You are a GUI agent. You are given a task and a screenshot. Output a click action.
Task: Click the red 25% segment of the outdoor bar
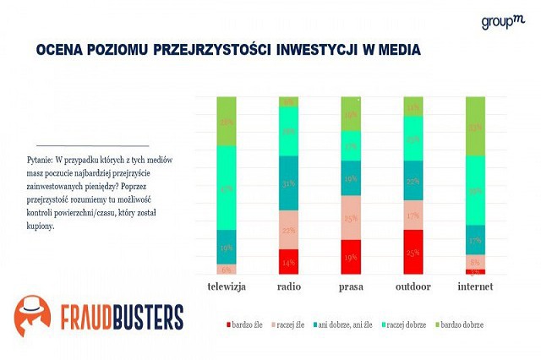[x=413, y=252]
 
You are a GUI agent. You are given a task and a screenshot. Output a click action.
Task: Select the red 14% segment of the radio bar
[x=289, y=261]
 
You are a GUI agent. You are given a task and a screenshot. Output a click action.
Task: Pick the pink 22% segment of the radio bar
[x=289, y=230]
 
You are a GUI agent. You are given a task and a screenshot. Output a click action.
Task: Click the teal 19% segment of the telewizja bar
[x=227, y=247]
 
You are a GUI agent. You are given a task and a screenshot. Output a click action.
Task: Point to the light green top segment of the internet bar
[x=476, y=126]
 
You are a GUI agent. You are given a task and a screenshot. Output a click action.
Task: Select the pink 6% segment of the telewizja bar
[x=227, y=269]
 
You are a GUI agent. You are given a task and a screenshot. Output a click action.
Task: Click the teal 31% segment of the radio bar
[x=289, y=183]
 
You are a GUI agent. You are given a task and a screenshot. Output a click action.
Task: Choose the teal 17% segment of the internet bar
[x=476, y=240]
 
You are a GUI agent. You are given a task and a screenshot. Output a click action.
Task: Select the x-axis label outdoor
[x=413, y=287]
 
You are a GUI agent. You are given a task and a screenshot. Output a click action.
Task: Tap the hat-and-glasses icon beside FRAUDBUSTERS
[x=31, y=317]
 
